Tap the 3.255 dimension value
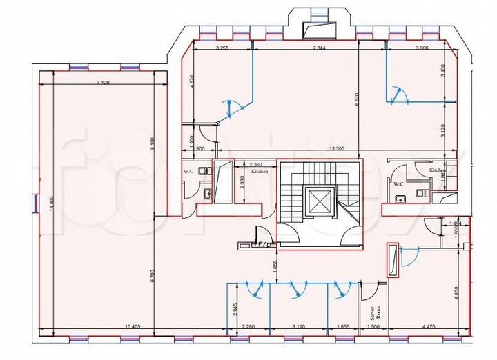pyautogui.click(x=222, y=48)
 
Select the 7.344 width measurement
pyautogui.click(x=318, y=48)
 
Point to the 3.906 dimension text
pyautogui.click(x=422, y=48)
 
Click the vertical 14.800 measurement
pyautogui.click(x=51, y=205)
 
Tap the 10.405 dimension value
pyautogui.click(x=133, y=326)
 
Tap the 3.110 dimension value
pyautogui.click(x=299, y=326)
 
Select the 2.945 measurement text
pyautogui.click(x=235, y=308)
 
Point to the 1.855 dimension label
pyautogui.click(x=275, y=263)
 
